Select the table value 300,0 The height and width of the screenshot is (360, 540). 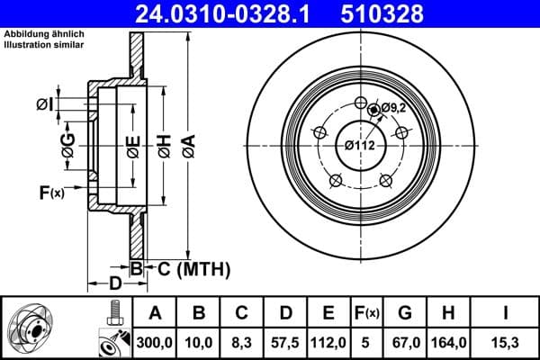coord(155,343)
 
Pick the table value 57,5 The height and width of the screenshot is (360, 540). coord(285,343)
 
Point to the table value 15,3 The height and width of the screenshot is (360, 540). coord(504,343)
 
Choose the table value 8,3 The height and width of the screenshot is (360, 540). coord(242,343)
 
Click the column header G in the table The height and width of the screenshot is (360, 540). coord(405,313)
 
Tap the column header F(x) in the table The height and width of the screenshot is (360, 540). coord(367,313)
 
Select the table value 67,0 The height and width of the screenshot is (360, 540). coord(405,343)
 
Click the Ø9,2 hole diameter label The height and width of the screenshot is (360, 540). coord(393,108)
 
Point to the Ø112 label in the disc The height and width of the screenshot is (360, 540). coord(360,145)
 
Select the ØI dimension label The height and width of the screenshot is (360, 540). coord(45,105)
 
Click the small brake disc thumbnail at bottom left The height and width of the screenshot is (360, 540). coord(31,328)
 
